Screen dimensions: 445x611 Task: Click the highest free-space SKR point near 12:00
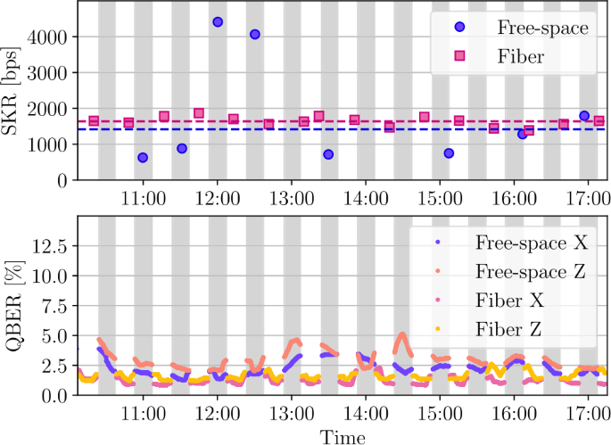click(218, 22)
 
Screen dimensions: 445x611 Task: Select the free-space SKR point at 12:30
click(255, 35)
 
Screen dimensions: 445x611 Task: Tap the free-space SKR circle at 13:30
click(328, 154)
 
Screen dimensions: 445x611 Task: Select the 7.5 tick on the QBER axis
click(52, 306)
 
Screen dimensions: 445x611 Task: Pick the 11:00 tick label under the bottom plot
click(144, 415)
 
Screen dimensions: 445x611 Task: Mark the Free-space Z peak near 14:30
click(402, 335)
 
